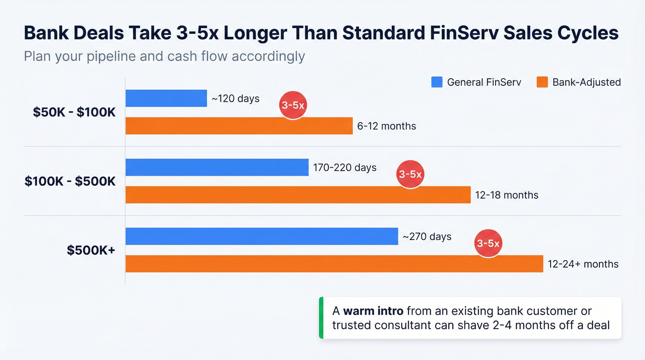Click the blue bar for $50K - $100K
pyautogui.click(x=166, y=98)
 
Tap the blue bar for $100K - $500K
pyautogui.click(x=217, y=167)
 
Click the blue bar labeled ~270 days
pyautogui.click(x=261, y=236)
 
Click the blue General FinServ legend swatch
pyautogui.click(x=437, y=82)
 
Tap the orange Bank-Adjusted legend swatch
pyautogui.click(x=542, y=82)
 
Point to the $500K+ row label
pyautogui.click(x=91, y=250)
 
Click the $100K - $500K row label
pyautogui.click(x=70, y=181)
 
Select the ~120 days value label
pyautogui.click(x=235, y=99)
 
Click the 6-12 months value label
pyautogui.click(x=387, y=126)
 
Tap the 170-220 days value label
pyautogui.click(x=345, y=167)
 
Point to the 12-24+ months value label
pyautogui.click(x=583, y=264)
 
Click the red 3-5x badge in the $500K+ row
pyautogui.click(x=488, y=243)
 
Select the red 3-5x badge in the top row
pyautogui.click(x=293, y=106)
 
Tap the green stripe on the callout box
pyautogui.click(x=321, y=318)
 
